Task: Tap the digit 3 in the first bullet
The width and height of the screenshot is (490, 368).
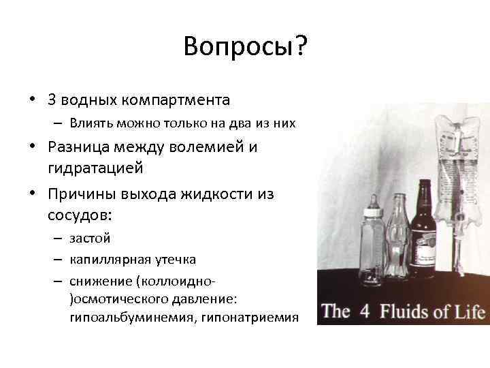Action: [52, 100]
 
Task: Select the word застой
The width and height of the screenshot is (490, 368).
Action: [89, 239]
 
